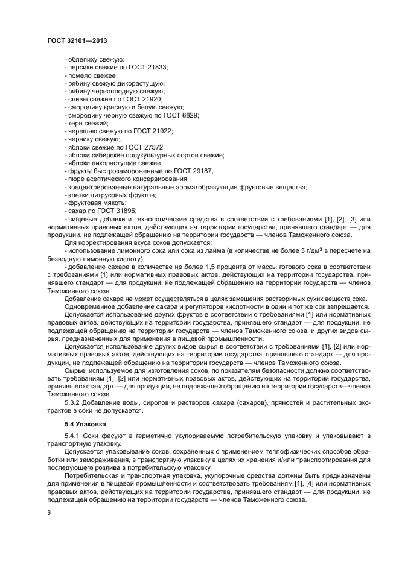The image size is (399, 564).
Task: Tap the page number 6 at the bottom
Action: click(x=48, y=512)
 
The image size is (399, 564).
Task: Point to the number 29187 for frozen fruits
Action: click(x=201, y=171)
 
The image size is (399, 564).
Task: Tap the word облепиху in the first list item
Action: click(x=80, y=59)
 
